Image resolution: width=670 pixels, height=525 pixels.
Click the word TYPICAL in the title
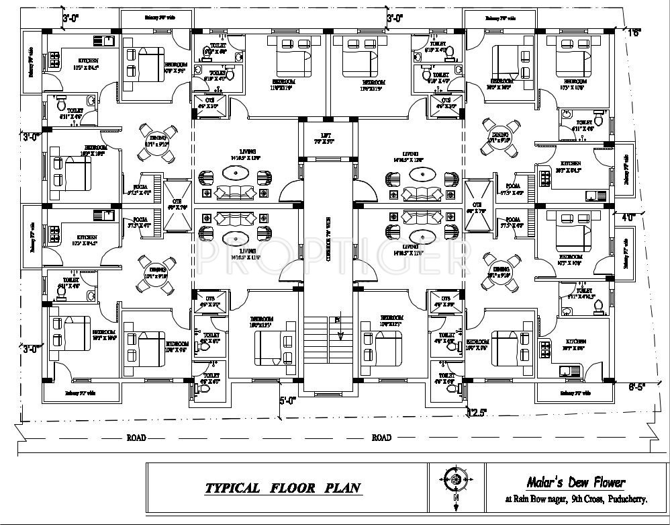232,488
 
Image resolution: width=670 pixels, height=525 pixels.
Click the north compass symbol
454,479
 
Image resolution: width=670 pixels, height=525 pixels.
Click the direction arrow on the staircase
339,328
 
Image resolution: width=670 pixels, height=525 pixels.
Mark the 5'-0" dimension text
287,401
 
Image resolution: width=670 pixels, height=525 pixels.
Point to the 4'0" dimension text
628,217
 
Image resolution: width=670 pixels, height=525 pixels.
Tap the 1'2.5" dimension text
478,411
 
